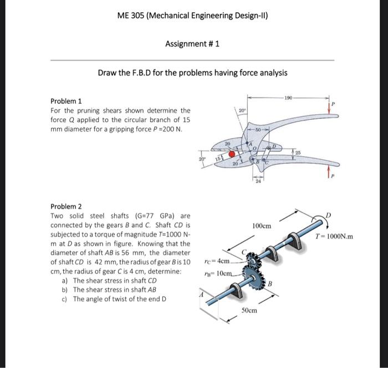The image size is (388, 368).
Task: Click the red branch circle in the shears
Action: tap(232, 153)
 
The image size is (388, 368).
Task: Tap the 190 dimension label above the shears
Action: tap(288, 98)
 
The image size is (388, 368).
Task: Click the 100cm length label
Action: tap(262, 226)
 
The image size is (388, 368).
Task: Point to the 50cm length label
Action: tap(249, 311)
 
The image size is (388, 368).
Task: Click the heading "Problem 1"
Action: tap(66, 102)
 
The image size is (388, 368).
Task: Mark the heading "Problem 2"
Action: tap(66, 207)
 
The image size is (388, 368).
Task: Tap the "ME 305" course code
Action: tap(131, 15)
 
